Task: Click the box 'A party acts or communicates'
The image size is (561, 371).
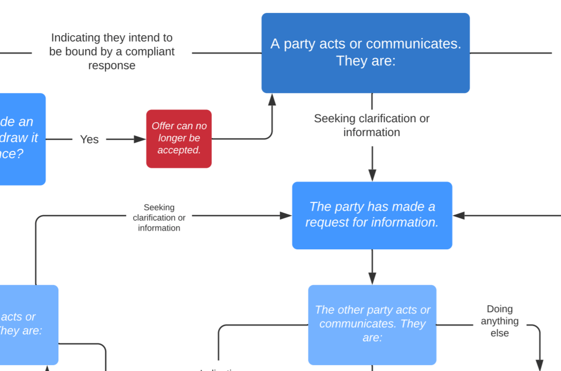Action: pos(365,53)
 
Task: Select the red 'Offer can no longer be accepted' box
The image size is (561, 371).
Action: pos(179,139)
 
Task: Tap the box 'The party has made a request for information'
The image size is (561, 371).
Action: pos(372,215)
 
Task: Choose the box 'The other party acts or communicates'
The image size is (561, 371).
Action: pos(372,325)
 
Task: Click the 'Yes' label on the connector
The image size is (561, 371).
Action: pos(89,139)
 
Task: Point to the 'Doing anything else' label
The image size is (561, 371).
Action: pos(499,321)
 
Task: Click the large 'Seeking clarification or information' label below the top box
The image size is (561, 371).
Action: pos(372,126)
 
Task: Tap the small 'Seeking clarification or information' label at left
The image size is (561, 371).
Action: pos(159,218)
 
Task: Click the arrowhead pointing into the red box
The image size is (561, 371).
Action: pos(140,139)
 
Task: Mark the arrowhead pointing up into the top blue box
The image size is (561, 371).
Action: pos(272,99)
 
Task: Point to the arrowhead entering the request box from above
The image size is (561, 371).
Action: pos(372,176)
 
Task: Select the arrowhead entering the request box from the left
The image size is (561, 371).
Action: pos(286,216)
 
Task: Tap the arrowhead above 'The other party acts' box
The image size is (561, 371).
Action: pos(372,278)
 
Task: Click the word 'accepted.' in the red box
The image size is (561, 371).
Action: pos(179,150)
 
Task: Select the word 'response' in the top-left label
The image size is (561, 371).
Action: pos(112,65)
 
